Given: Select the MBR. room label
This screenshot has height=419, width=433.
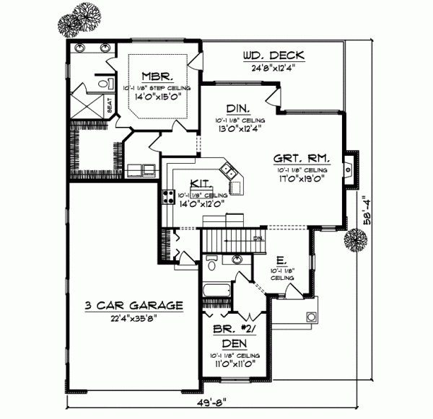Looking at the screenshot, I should tap(156, 75).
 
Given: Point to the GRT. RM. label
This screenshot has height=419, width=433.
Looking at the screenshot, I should tap(302, 158).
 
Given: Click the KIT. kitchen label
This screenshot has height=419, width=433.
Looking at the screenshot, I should tap(201, 183).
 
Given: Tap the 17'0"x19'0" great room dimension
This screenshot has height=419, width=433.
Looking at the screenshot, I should tap(302, 180).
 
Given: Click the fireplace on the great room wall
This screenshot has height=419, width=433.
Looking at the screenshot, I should tap(349, 171).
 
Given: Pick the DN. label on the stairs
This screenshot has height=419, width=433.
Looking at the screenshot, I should tap(259, 238).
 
